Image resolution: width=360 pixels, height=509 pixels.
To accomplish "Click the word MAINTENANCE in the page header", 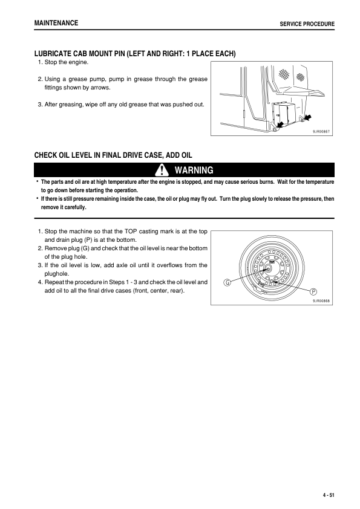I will coord(56,22).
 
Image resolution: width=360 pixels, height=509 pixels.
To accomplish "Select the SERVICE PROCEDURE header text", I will coord(307,24).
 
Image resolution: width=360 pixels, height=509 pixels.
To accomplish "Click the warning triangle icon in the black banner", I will coord(161,170).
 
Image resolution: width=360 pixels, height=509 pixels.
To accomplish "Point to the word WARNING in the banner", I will coord(193,170).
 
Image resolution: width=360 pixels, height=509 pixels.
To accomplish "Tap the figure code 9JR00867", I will coord(321,131).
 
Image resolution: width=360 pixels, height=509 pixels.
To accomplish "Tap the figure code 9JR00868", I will coord(322,300).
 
